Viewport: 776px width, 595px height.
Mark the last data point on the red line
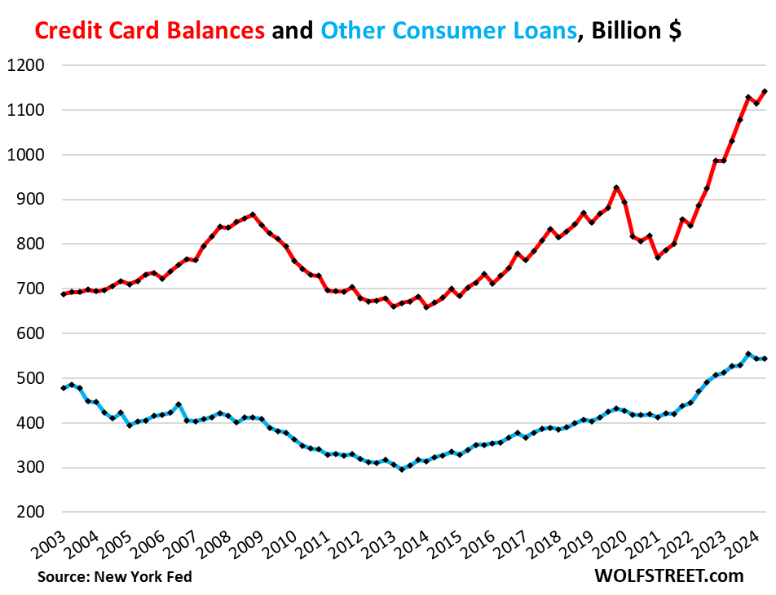click(x=765, y=91)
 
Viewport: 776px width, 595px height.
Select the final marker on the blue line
click(x=765, y=359)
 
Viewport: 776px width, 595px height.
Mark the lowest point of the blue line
click(x=402, y=469)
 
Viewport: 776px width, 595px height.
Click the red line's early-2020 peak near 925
click(x=615, y=187)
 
